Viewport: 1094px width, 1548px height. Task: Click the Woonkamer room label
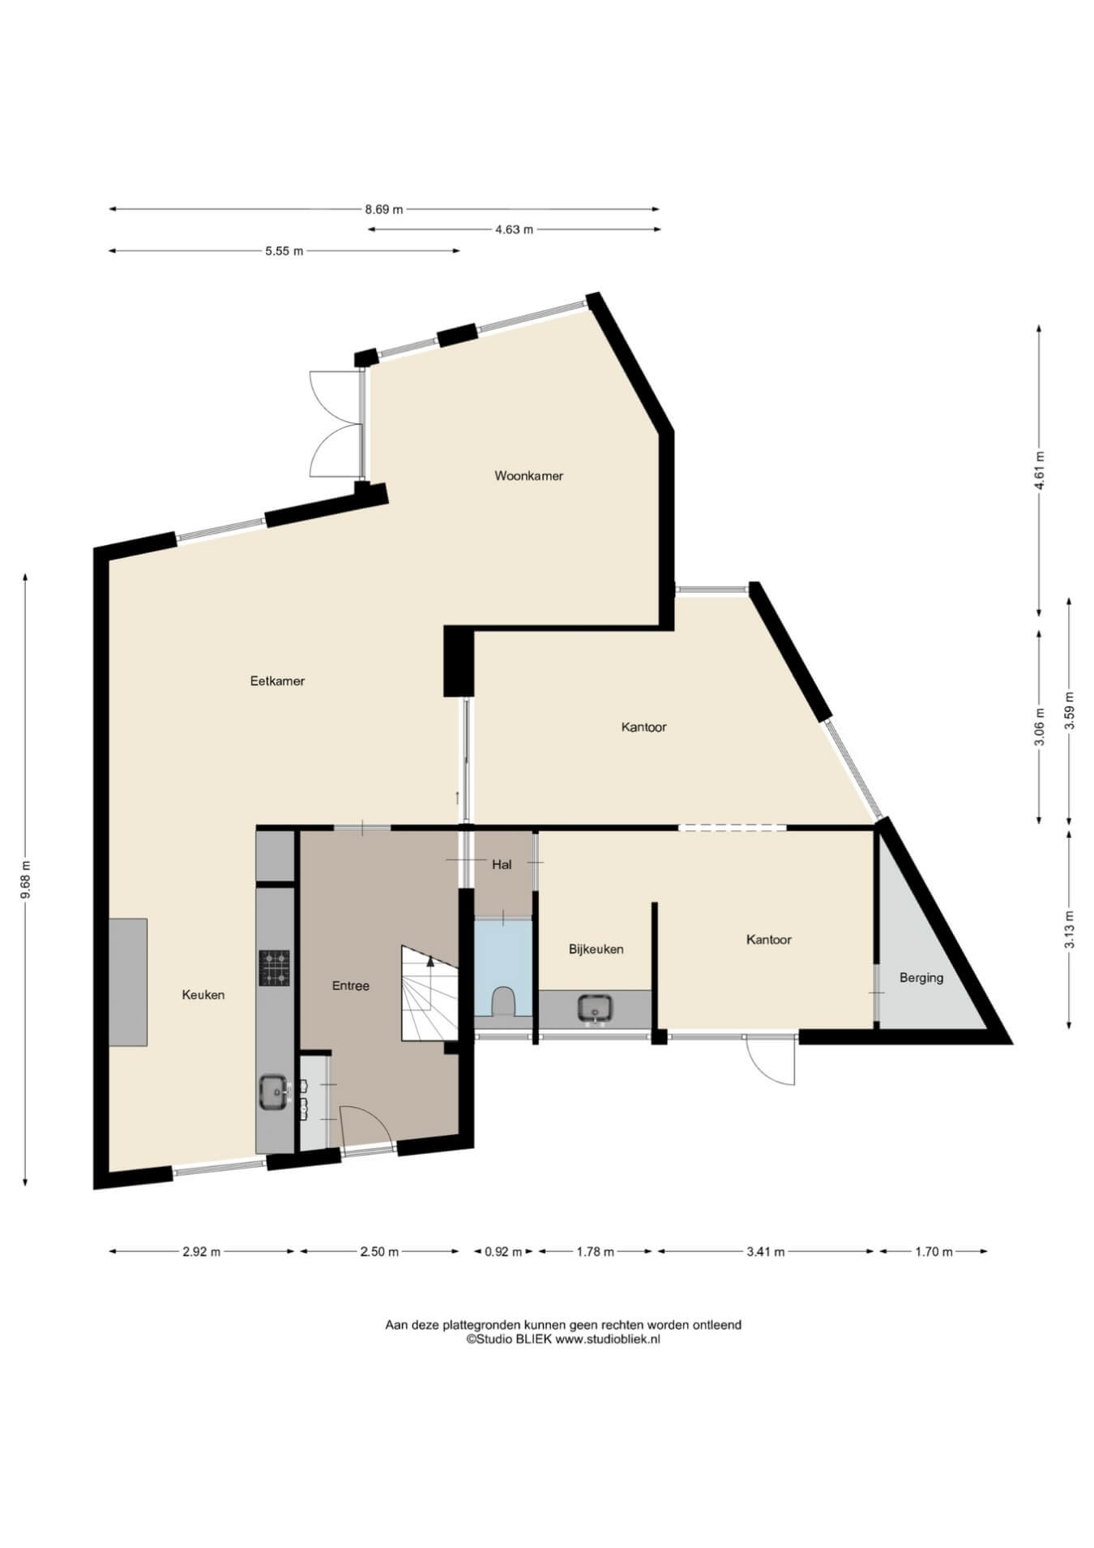[x=528, y=476]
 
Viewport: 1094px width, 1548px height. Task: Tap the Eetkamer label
[x=277, y=681]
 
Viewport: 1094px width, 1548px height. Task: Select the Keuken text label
[x=203, y=995]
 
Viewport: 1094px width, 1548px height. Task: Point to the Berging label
[x=921, y=978]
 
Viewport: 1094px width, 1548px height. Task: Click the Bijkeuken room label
[x=596, y=949]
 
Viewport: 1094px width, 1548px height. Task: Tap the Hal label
[x=502, y=864]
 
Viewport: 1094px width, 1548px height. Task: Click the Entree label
[x=351, y=986]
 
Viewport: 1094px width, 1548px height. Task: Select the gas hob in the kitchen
[x=275, y=967]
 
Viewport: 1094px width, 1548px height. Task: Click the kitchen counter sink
[x=273, y=1091]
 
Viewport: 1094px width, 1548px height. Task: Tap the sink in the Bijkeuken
[x=596, y=1008]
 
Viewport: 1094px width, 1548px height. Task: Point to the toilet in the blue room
[x=502, y=1000]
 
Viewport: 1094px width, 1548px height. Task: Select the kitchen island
[x=128, y=982]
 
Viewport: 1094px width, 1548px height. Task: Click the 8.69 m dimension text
[x=384, y=209]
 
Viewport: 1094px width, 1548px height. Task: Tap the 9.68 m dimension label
[x=26, y=879]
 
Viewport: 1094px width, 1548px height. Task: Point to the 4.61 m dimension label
[x=1040, y=470]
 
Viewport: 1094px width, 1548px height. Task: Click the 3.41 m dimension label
[x=766, y=1251]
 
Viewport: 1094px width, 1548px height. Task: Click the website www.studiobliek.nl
[x=608, y=1339]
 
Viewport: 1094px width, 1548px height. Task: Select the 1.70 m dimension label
[x=934, y=1251]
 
